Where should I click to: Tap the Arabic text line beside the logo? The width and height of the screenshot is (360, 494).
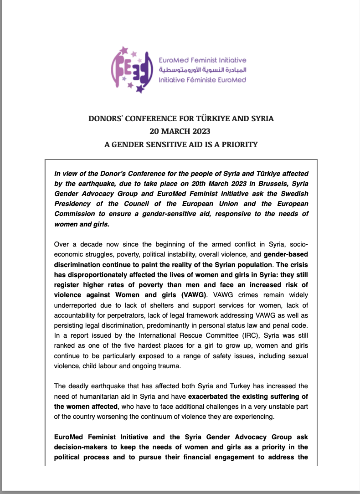[x=202, y=70]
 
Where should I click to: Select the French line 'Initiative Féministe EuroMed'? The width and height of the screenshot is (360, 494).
[x=202, y=79]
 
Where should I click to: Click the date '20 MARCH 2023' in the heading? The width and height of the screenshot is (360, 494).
[x=180, y=132]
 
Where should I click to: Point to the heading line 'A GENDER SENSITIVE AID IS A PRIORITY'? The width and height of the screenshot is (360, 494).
[x=181, y=145]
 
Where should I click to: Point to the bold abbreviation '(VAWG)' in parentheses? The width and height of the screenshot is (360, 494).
[x=191, y=294]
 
